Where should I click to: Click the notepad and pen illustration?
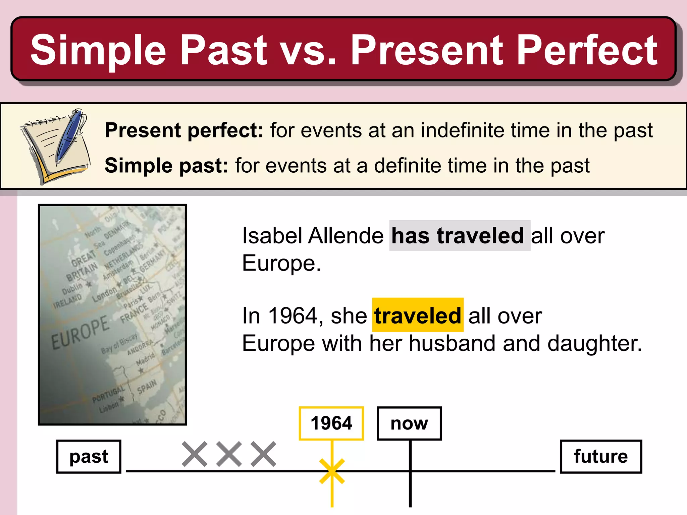coord(55,146)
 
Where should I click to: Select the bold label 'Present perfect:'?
coord(184,130)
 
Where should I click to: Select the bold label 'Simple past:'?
coord(166,166)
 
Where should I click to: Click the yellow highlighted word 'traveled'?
coord(418,315)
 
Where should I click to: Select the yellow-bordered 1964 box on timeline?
coord(331,423)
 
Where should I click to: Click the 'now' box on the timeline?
coord(409,423)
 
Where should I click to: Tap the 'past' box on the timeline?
coord(89,456)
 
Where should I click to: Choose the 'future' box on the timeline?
coord(600,456)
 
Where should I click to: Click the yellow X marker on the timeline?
coord(332,471)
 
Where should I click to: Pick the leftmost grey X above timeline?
coord(195,454)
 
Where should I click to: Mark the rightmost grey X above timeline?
coord(264,454)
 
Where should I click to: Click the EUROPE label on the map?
coord(80,332)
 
